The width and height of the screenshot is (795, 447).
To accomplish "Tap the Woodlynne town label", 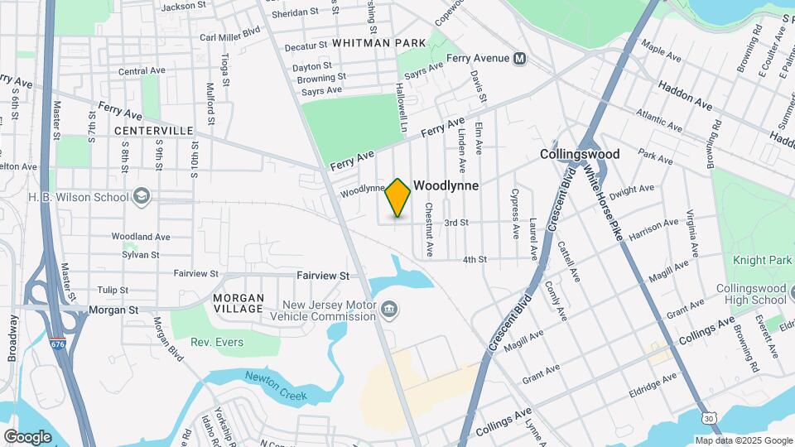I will [x=446, y=186].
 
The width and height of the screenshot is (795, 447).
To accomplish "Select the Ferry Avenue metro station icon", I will [x=520, y=59].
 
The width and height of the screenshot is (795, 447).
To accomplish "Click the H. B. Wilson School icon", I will [x=142, y=196].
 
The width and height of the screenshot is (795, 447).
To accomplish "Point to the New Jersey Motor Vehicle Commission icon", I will [x=388, y=311].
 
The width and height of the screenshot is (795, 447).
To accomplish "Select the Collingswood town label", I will [x=579, y=155].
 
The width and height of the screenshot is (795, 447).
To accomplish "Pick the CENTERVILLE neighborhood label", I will [x=153, y=131].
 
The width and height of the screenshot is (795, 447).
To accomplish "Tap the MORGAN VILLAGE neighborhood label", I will [x=238, y=304].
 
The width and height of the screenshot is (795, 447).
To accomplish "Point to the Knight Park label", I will [x=762, y=261].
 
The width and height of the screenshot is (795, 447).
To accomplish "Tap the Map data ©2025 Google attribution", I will [x=742, y=440].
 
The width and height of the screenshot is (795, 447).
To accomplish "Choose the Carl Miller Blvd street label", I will [x=229, y=37].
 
